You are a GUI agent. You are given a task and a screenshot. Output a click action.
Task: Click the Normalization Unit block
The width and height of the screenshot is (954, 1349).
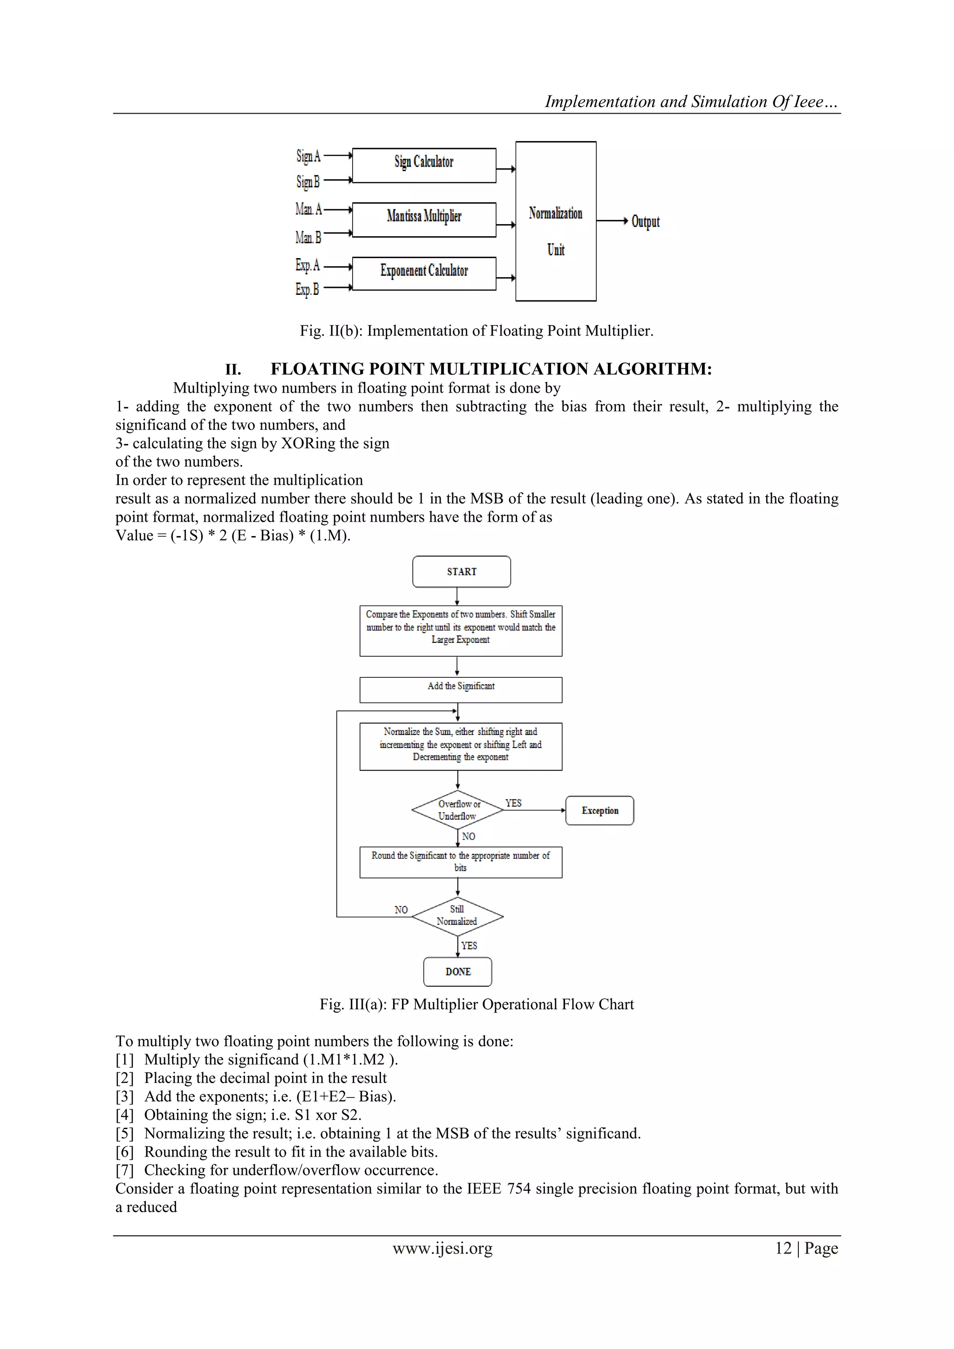556,222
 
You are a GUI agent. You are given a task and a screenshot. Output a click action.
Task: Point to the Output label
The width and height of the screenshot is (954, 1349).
645,222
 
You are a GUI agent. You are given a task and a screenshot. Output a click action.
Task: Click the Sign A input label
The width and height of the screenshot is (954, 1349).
308,157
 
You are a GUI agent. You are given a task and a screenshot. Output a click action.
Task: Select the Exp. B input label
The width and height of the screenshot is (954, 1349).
307,289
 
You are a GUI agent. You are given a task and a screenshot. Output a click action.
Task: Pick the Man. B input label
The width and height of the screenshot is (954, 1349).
308,238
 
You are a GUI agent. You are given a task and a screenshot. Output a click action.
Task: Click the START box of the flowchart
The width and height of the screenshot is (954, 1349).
461,572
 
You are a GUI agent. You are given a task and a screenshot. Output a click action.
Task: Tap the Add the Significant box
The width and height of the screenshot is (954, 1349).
461,690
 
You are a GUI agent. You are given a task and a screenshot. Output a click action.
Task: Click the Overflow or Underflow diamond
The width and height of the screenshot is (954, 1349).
457,810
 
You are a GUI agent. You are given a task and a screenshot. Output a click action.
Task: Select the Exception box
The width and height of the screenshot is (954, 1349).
600,811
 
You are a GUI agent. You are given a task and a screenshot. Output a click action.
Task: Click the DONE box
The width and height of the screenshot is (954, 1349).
457,972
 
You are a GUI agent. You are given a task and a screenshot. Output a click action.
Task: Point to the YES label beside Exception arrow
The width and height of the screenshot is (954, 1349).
513,803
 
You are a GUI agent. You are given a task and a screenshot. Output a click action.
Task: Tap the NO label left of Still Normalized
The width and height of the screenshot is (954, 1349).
401,910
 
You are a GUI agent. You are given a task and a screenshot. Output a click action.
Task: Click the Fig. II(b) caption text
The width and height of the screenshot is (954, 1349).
477,331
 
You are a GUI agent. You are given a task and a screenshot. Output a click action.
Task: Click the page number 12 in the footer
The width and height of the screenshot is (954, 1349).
783,1248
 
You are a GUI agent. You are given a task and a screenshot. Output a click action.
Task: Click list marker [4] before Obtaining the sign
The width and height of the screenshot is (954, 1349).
124,1115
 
